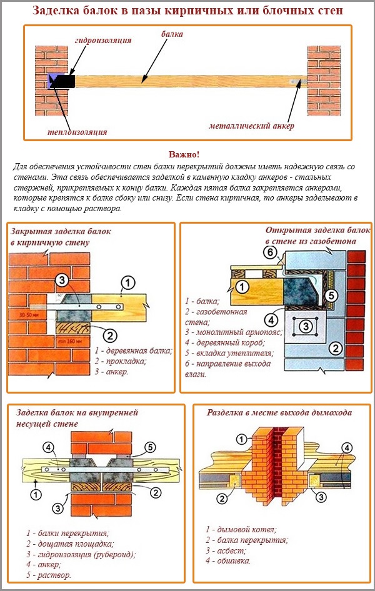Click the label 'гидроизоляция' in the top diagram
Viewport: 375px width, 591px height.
[x=103, y=40]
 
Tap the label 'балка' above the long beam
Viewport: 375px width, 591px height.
[x=172, y=34]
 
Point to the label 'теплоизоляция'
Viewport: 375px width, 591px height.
[x=77, y=132]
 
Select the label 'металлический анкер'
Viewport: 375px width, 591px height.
[x=251, y=126]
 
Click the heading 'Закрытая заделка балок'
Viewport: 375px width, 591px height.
[x=61, y=231]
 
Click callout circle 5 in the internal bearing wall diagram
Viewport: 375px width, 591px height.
[x=149, y=447]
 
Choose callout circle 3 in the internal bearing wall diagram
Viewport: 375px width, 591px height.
[x=58, y=508]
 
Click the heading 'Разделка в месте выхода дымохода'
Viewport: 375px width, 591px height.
[x=279, y=412]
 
